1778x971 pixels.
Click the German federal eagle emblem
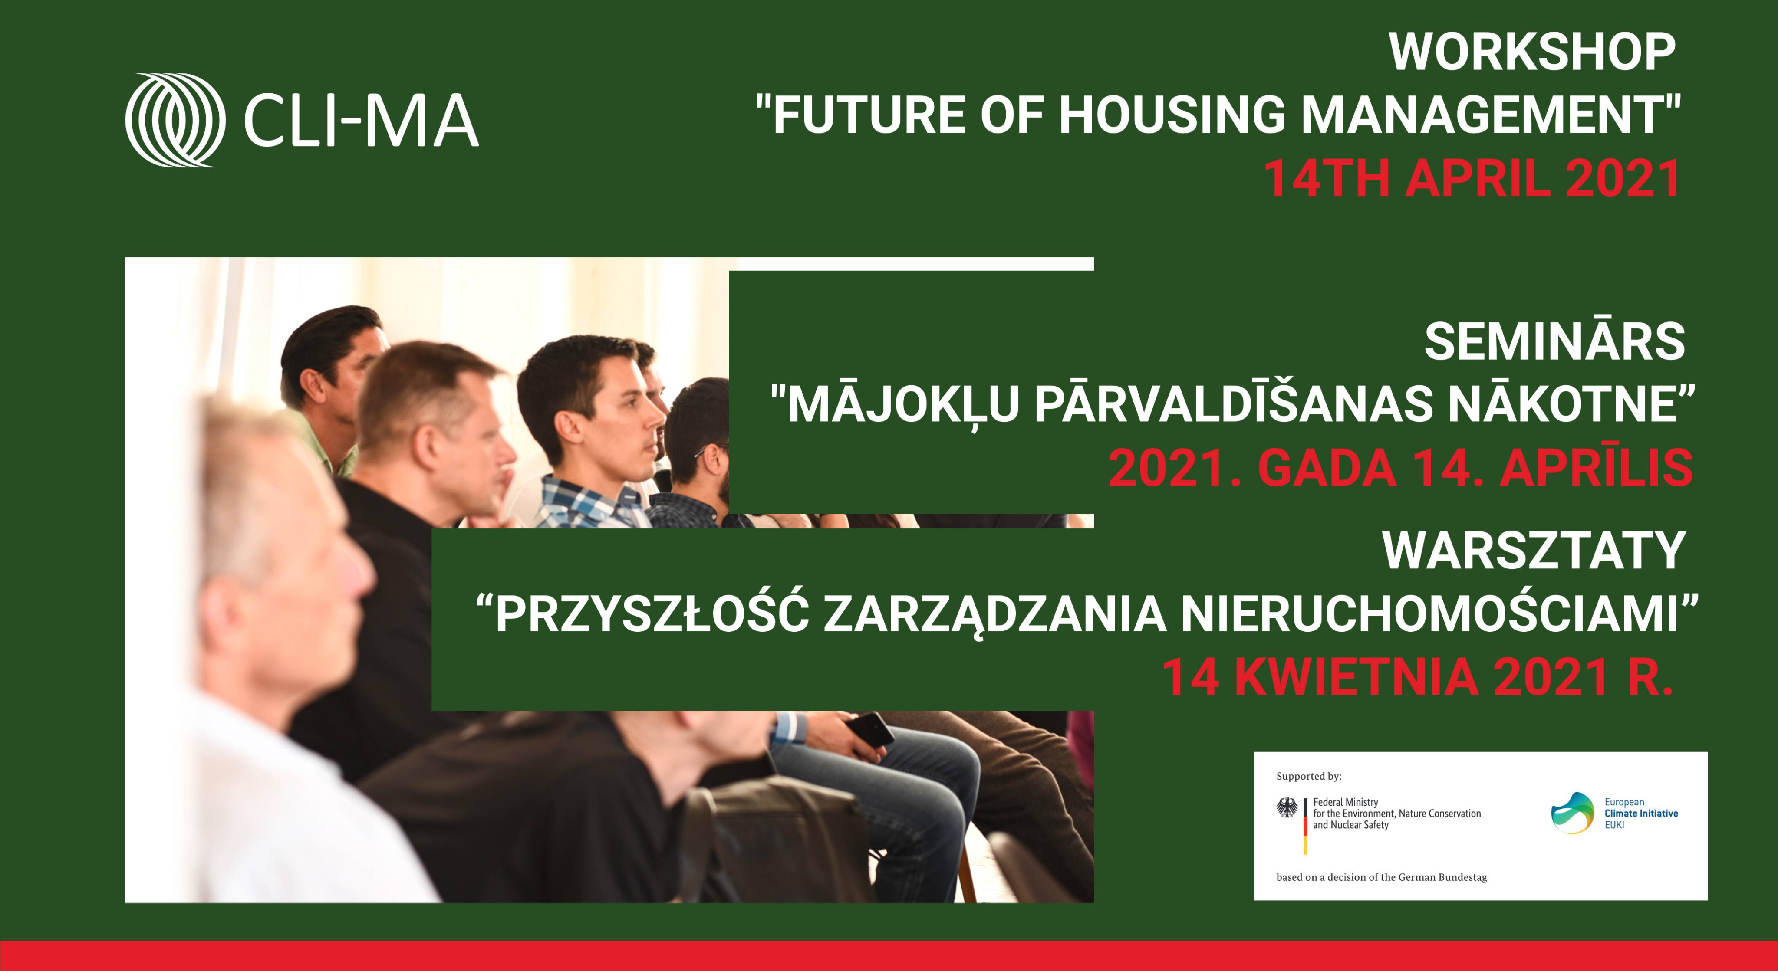(1287, 809)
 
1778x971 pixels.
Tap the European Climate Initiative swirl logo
(1572, 813)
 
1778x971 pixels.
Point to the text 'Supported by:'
(1309, 776)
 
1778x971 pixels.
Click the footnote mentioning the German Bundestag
(1382, 877)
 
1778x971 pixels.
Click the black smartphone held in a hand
(869, 729)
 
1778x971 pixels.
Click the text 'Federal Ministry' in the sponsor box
(1345, 802)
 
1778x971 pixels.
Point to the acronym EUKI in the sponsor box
(1614, 825)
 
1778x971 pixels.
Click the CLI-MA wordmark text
(361, 121)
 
